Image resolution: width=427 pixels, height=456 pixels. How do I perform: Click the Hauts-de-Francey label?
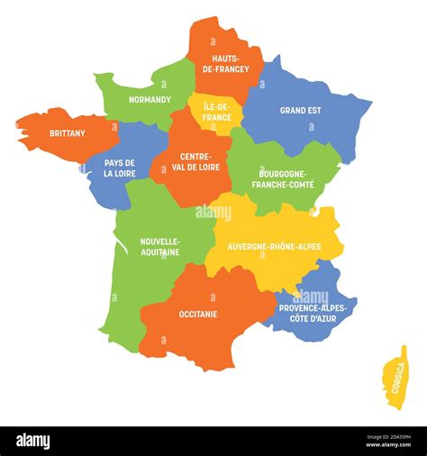click(x=226, y=63)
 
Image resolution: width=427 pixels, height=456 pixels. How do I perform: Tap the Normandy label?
click(x=150, y=99)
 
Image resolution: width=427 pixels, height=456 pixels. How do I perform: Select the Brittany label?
click(x=68, y=133)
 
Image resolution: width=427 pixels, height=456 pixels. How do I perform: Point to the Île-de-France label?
click(x=217, y=111)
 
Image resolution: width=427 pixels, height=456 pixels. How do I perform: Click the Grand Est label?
click(x=301, y=111)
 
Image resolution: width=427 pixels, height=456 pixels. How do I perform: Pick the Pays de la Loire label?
click(x=120, y=168)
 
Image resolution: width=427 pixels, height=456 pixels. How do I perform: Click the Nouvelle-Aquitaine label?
click(x=159, y=246)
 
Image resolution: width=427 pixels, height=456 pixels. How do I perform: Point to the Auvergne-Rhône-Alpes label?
click(x=273, y=246)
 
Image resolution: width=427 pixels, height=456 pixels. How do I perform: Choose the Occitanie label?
click(x=197, y=314)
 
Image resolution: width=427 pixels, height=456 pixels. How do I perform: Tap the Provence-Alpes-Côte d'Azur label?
click(x=314, y=313)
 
